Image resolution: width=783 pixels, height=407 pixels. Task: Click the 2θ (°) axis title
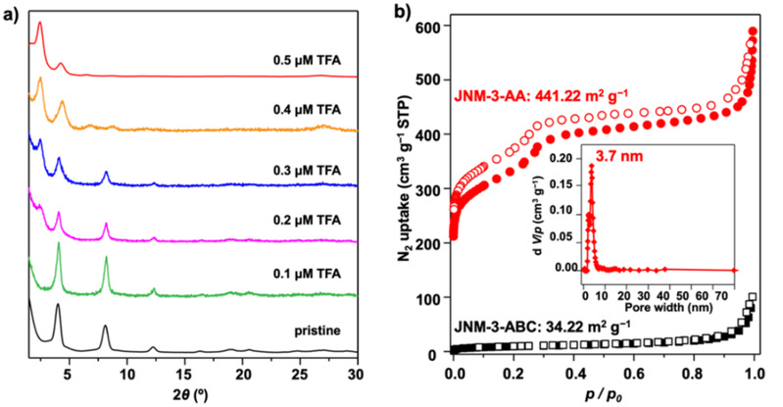[192, 393]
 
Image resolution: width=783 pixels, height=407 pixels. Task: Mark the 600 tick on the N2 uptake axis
[433, 26]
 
